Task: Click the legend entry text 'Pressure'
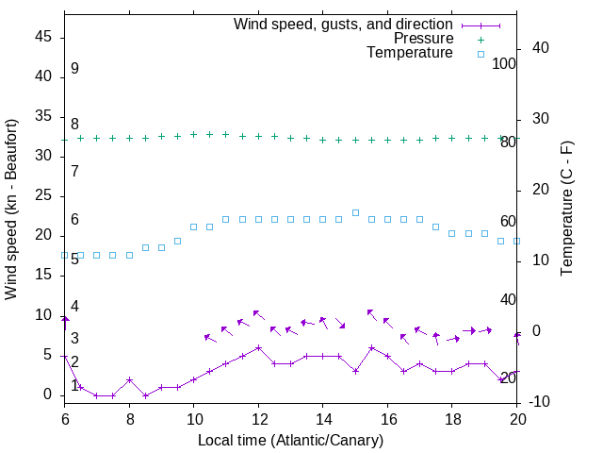point(424,39)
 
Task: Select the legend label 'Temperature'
point(410,53)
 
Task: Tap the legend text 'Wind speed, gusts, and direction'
point(344,24)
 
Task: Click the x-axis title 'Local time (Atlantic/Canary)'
point(290,440)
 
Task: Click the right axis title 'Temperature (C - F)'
point(566,209)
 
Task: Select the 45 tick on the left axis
point(43,38)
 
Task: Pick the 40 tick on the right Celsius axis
point(542,48)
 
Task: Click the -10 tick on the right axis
point(542,402)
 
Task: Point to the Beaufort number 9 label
point(74,69)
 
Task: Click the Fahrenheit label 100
point(504,63)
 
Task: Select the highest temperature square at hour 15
point(355,212)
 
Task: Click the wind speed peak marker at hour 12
point(258,347)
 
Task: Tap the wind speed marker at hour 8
point(129,379)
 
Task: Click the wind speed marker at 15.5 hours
point(371,347)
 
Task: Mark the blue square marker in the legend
point(481,54)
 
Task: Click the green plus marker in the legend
point(481,39)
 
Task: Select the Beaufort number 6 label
point(74,220)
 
